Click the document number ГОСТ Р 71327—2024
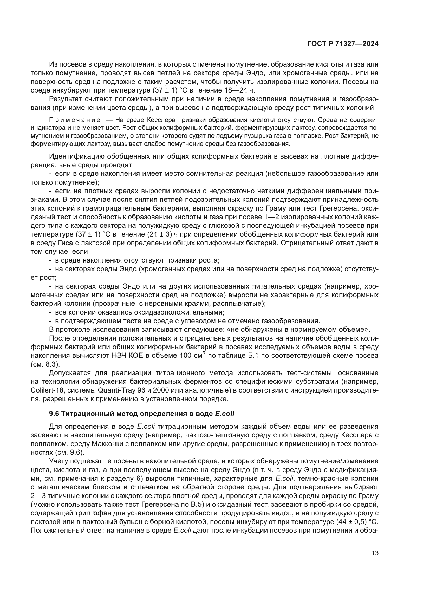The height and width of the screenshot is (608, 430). pyautogui.click(x=343, y=44)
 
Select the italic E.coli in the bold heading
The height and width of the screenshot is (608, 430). pyautogui.click(x=225, y=413)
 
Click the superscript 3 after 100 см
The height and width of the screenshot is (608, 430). pyautogui.click(x=204, y=354)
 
